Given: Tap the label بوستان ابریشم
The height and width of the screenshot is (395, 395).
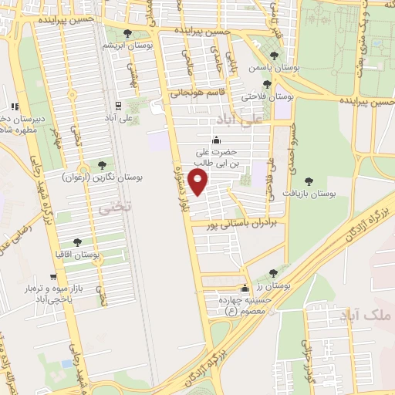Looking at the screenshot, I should (x=147, y=46).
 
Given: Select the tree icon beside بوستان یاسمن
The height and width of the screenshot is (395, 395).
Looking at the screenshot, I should (x=275, y=55).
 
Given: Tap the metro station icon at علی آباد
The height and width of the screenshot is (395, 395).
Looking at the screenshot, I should (x=118, y=103).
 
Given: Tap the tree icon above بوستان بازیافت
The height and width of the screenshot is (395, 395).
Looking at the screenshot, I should (x=309, y=181).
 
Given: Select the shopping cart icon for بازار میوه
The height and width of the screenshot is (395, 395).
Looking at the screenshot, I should (x=53, y=276).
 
